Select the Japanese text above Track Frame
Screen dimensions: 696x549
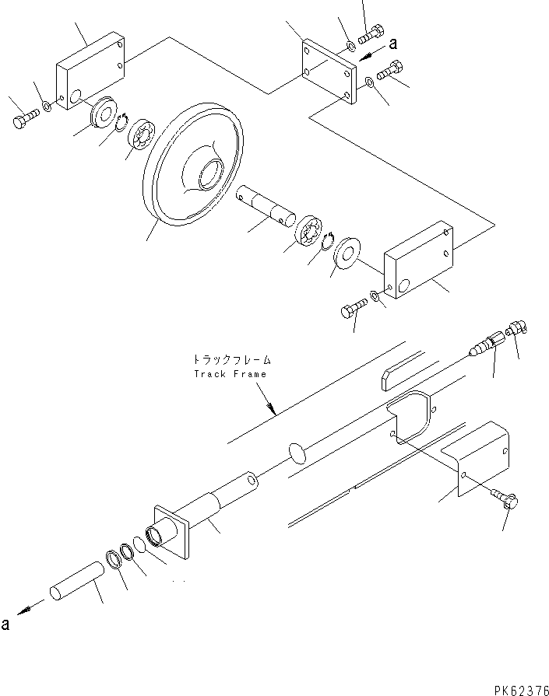(x=231, y=360)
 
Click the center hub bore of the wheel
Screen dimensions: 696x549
(x=211, y=173)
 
